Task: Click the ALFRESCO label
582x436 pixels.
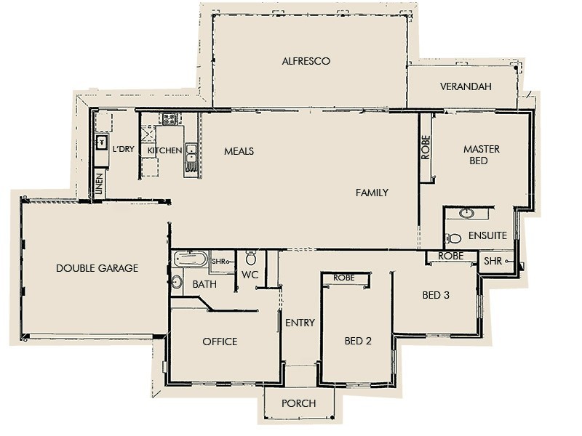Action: coord(306,62)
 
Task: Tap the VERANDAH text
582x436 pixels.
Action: coord(466,86)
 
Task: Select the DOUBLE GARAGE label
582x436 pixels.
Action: coord(97,268)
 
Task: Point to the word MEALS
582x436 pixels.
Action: coord(239,151)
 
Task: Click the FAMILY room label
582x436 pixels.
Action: coord(372,193)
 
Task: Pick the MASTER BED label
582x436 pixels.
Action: coord(481,154)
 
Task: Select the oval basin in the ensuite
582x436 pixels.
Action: coord(466,214)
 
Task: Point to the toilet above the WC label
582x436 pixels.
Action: coord(251,258)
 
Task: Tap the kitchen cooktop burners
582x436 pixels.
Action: coord(170,119)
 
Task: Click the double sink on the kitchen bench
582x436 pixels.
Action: coord(191,153)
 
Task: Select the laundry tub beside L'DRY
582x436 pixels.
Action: coord(102,142)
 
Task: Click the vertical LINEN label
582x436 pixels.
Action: coord(100,185)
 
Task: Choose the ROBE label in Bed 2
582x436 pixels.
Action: coord(343,278)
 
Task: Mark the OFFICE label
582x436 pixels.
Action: coord(220,342)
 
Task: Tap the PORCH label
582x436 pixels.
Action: coord(299,402)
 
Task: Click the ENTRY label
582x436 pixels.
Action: coord(300,323)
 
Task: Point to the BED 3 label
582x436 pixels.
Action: coord(436,296)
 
